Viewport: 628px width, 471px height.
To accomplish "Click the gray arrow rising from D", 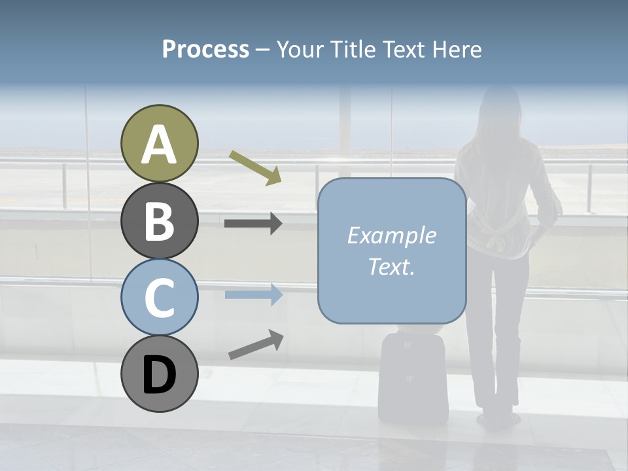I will point(256,345).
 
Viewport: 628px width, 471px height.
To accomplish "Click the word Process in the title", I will point(205,49).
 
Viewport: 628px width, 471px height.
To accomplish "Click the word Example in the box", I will point(391,235).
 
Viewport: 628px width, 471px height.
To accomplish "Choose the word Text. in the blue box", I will point(391,267).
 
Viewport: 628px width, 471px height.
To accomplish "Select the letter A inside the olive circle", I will point(159,145).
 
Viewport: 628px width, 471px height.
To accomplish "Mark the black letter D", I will point(159,375).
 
